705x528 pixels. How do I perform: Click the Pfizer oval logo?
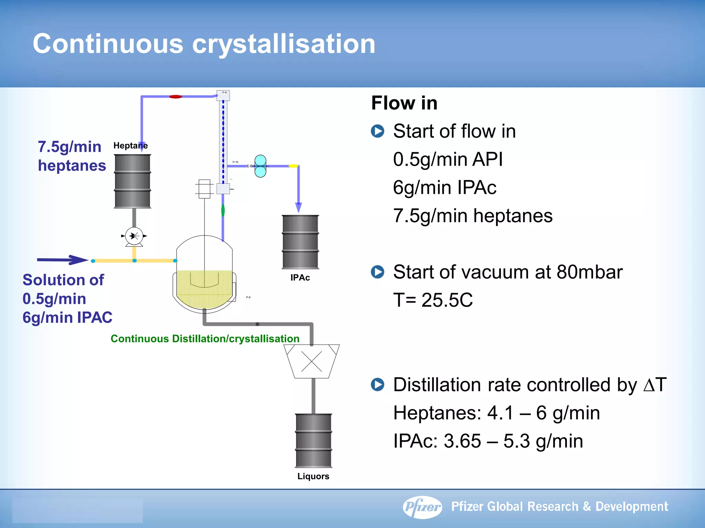422,507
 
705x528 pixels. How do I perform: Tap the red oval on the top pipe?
176,97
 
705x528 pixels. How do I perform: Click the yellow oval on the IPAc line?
293,166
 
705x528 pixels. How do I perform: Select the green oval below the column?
223,210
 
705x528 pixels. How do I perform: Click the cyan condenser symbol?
260,166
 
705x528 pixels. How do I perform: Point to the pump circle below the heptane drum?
134,236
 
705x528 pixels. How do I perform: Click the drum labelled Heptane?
133,181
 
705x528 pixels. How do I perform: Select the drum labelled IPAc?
300,242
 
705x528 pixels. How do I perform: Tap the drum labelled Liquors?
314,440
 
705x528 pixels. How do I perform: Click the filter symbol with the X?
312,361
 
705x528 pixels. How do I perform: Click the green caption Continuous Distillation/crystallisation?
205,339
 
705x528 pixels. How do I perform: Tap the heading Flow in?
404,103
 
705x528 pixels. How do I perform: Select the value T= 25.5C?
433,300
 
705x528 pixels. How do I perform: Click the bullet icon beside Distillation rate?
378,385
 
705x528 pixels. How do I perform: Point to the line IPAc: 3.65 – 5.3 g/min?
488,441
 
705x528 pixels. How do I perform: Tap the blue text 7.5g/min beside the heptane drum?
70,147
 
